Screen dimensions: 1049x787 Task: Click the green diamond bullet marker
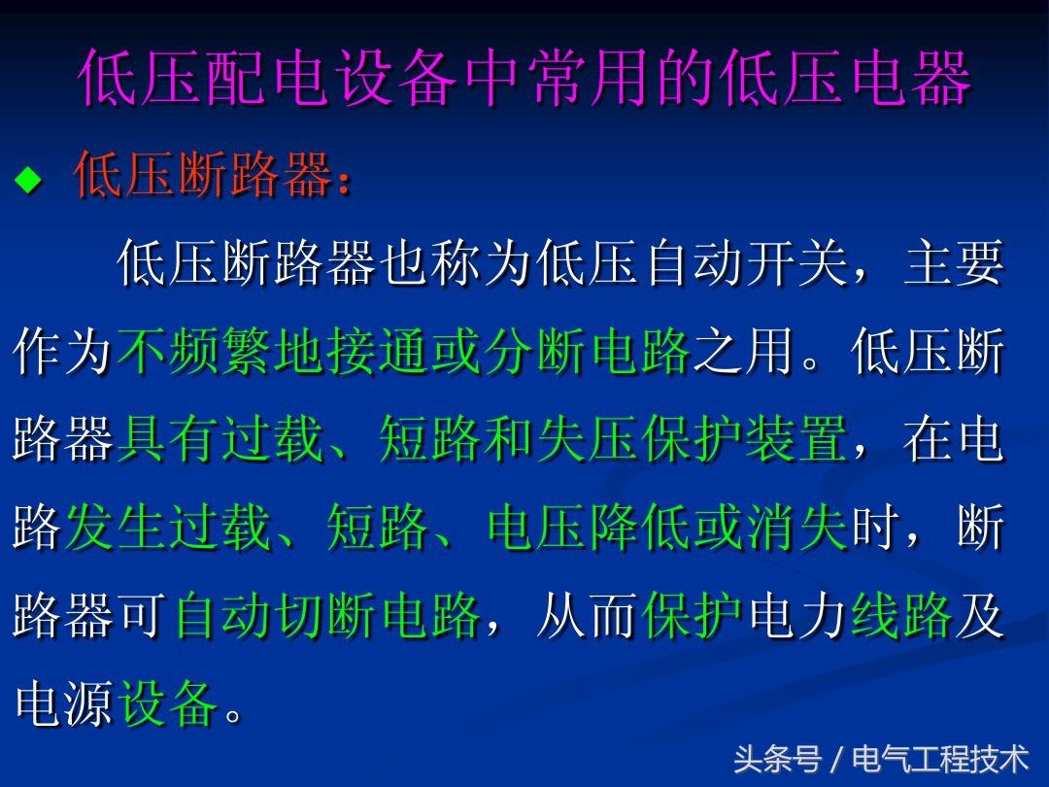(28, 180)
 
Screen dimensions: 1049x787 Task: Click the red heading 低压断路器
(204, 174)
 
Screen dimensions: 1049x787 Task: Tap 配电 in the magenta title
(268, 78)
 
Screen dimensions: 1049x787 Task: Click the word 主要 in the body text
(954, 263)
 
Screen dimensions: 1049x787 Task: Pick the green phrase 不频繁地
(221, 351)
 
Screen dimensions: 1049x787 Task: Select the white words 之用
(743, 351)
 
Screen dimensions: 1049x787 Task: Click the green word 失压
(590, 439)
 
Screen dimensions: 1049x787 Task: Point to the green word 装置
(796, 439)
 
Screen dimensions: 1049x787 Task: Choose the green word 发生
(118, 528)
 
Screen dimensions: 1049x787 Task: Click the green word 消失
(798, 528)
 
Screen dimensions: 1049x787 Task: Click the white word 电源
(64, 704)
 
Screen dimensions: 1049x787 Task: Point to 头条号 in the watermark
(777, 760)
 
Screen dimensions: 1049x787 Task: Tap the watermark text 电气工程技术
(940, 760)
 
